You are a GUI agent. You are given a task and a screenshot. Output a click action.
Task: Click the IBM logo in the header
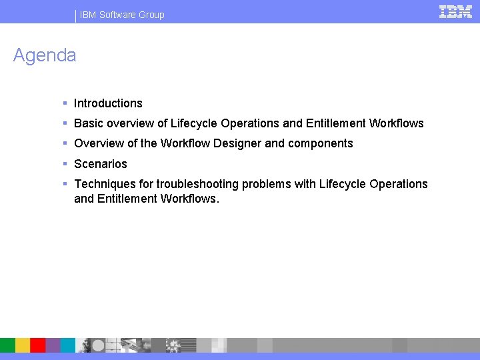click(456, 11)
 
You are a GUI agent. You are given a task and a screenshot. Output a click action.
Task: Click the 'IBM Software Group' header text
click(122, 15)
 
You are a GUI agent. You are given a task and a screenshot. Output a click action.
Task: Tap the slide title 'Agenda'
click(45, 55)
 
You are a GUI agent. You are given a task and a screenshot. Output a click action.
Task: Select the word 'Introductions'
click(108, 103)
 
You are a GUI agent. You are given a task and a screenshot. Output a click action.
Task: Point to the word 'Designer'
click(237, 143)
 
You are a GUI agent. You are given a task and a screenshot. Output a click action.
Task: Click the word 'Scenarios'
click(100, 164)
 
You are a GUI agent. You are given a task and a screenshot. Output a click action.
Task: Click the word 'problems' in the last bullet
click(269, 184)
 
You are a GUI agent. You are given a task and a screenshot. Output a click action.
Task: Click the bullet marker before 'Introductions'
click(65, 103)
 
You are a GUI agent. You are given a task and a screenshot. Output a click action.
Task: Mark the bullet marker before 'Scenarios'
click(65, 164)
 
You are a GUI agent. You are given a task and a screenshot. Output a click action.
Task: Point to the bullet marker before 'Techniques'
click(65, 184)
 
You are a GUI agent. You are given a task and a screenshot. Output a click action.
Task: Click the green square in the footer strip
click(7, 345)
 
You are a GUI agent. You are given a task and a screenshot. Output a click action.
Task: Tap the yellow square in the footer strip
click(23, 345)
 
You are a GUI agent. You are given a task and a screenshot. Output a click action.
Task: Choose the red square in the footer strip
click(38, 345)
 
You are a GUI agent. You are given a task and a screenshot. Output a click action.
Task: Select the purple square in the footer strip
click(53, 345)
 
